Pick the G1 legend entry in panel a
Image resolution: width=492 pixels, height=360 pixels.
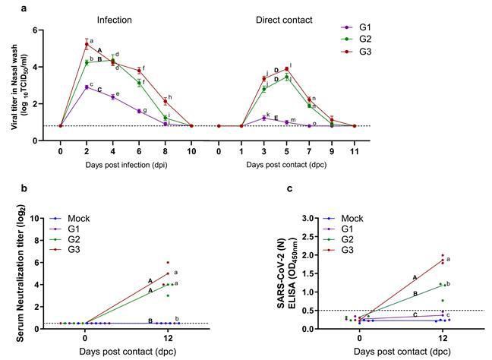point(365,27)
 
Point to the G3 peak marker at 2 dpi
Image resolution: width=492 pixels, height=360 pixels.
point(87,45)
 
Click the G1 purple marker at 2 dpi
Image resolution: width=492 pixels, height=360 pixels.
point(87,87)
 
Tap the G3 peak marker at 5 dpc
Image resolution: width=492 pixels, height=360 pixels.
point(286,69)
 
